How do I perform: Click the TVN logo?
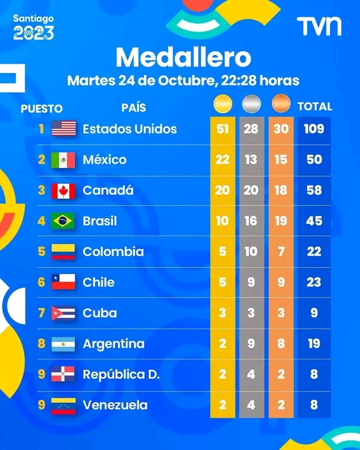pos(319,26)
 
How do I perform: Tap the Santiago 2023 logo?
pos(33,27)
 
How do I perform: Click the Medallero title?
pos(183,57)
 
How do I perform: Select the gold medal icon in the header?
pos(222,104)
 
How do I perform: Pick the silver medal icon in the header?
pos(251,104)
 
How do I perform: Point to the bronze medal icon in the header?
pos(280,104)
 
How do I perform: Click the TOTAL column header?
pos(314,106)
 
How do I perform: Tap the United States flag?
pos(64,129)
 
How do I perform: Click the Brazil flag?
pos(63,221)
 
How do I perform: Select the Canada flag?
pos(63,190)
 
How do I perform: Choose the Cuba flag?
pos(63,313)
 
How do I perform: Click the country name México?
pos(104,160)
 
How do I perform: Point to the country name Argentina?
pos(113,344)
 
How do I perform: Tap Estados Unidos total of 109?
pos(314,129)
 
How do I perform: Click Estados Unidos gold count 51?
pos(222,129)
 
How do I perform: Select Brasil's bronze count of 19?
pos(281,221)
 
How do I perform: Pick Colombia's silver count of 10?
pos(251,251)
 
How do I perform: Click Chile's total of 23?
pos(314,282)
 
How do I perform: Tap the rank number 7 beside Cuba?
pos(42,313)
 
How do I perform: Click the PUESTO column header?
pos(41,108)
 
